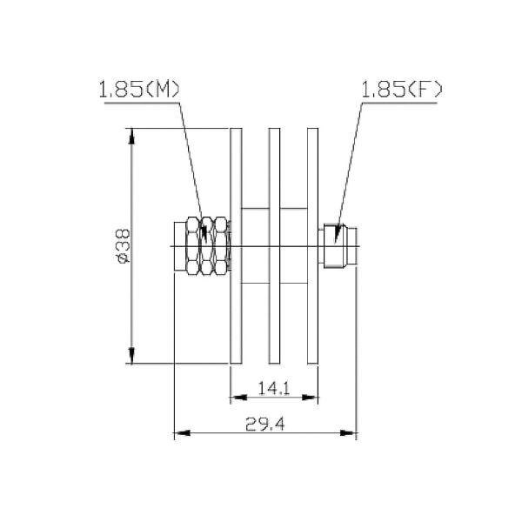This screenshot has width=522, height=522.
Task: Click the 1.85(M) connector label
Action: (139, 89)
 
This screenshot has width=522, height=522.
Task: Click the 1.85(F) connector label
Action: (403, 89)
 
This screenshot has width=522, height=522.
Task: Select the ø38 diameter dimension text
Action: (124, 247)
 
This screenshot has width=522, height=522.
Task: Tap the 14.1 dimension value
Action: (274, 389)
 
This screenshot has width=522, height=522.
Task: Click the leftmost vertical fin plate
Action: (235, 246)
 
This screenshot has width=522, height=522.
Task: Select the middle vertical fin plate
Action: (274, 246)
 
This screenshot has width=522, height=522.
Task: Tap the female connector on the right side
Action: (338, 246)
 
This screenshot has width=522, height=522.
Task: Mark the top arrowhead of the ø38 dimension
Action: (132, 137)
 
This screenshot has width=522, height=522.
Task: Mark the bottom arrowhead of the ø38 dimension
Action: (132, 356)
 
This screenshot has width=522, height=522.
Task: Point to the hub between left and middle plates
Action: (255, 246)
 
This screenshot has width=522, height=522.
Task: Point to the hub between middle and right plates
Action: (294, 246)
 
